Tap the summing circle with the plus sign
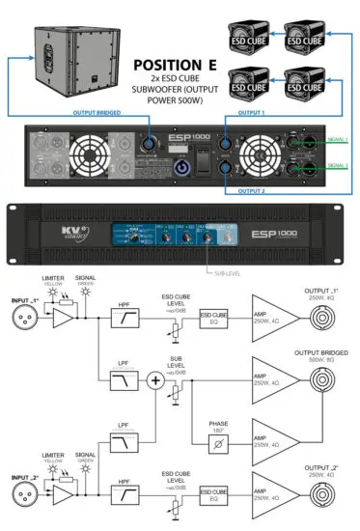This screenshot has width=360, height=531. [x=155, y=381]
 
